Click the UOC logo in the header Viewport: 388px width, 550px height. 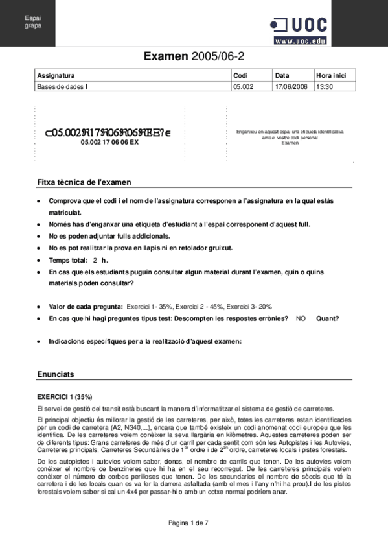pyautogui.click(x=299, y=25)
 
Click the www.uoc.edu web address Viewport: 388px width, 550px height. pyautogui.click(x=300, y=40)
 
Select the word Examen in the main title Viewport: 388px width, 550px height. pyautogui.click(x=166, y=57)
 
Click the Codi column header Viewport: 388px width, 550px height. pyautogui.click(x=241, y=75)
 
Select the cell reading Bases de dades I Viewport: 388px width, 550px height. pyautogui.click(x=62, y=86)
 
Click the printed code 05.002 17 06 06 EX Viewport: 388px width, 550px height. pyautogui.click(x=109, y=142)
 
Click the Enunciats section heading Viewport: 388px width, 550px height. pyautogui.click(x=56, y=374)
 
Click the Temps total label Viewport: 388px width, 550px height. pyautogui.click(x=71, y=259)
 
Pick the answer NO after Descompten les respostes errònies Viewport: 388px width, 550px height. pyautogui.click(x=301, y=318)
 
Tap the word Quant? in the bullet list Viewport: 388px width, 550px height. pyautogui.click(x=327, y=318)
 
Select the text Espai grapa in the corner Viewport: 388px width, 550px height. pyautogui.click(x=32, y=21)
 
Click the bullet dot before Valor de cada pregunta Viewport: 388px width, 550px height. pyautogui.click(x=41, y=306)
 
